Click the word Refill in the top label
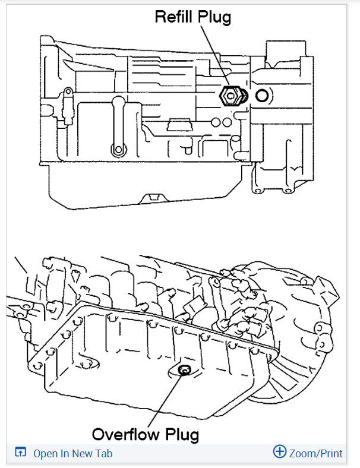(172, 17)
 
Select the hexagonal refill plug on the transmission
(230, 94)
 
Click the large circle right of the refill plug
(262, 95)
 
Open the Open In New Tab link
(72, 454)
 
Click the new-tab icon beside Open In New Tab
(21, 453)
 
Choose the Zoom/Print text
(316, 454)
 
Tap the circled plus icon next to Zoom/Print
(279, 452)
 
